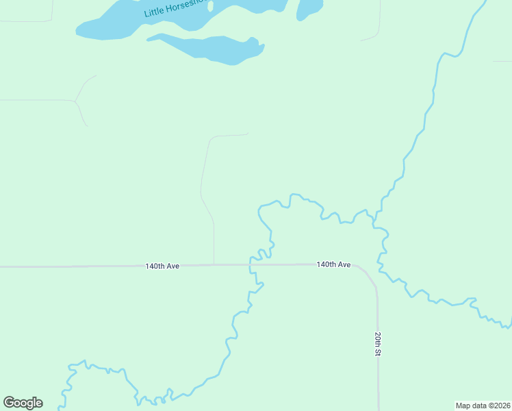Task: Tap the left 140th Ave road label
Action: (162, 266)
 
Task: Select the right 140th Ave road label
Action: (333, 264)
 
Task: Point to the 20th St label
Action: (377, 344)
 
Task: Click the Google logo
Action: (23, 403)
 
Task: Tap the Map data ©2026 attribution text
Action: (482, 405)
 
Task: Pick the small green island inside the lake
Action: (210, 6)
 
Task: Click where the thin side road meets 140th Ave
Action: (214, 264)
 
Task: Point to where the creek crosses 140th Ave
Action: (251, 264)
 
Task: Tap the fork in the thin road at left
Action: (75, 101)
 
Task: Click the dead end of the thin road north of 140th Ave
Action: (247, 134)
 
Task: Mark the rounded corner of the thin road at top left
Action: (50, 19)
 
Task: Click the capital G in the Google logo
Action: (9, 403)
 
